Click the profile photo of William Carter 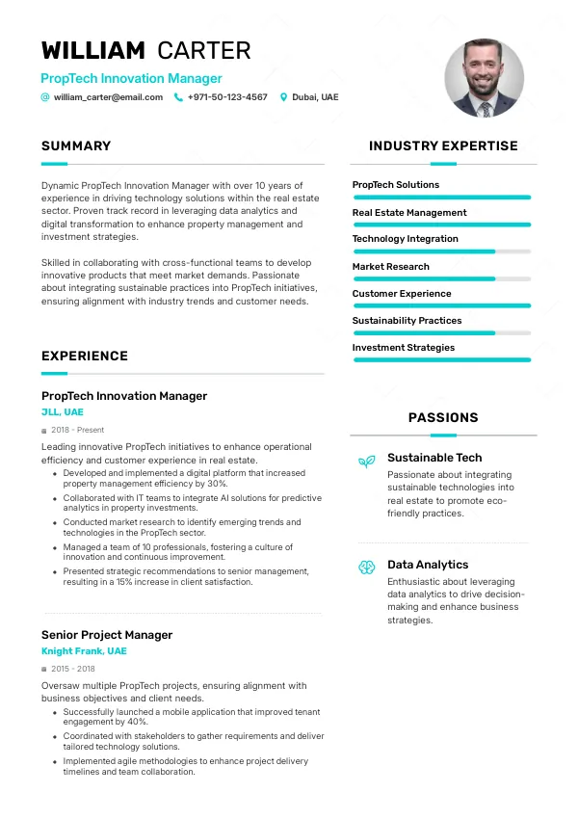(x=485, y=78)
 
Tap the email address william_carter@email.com (x=108, y=97)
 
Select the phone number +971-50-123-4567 (x=227, y=97)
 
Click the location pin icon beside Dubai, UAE (x=283, y=97)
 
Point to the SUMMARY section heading (x=76, y=146)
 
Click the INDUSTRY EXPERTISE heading (x=443, y=146)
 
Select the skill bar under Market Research (x=442, y=278)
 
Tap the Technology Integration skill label (x=405, y=239)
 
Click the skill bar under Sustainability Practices (x=442, y=332)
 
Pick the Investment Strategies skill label (x=403, y=348)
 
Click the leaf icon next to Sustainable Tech (x=366, y=462)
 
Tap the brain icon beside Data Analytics (x=366, y=568)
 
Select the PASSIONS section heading (x=443, y=418)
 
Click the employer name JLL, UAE (x=63, y=412)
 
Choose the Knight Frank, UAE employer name (x=84, y=651)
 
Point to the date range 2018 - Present (x=77, y=430)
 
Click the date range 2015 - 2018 (x=72, y=669)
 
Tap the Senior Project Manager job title (x=107, y=635)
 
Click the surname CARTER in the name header (x=203, y=51)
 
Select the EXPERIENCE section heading (x=85, y=357)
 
